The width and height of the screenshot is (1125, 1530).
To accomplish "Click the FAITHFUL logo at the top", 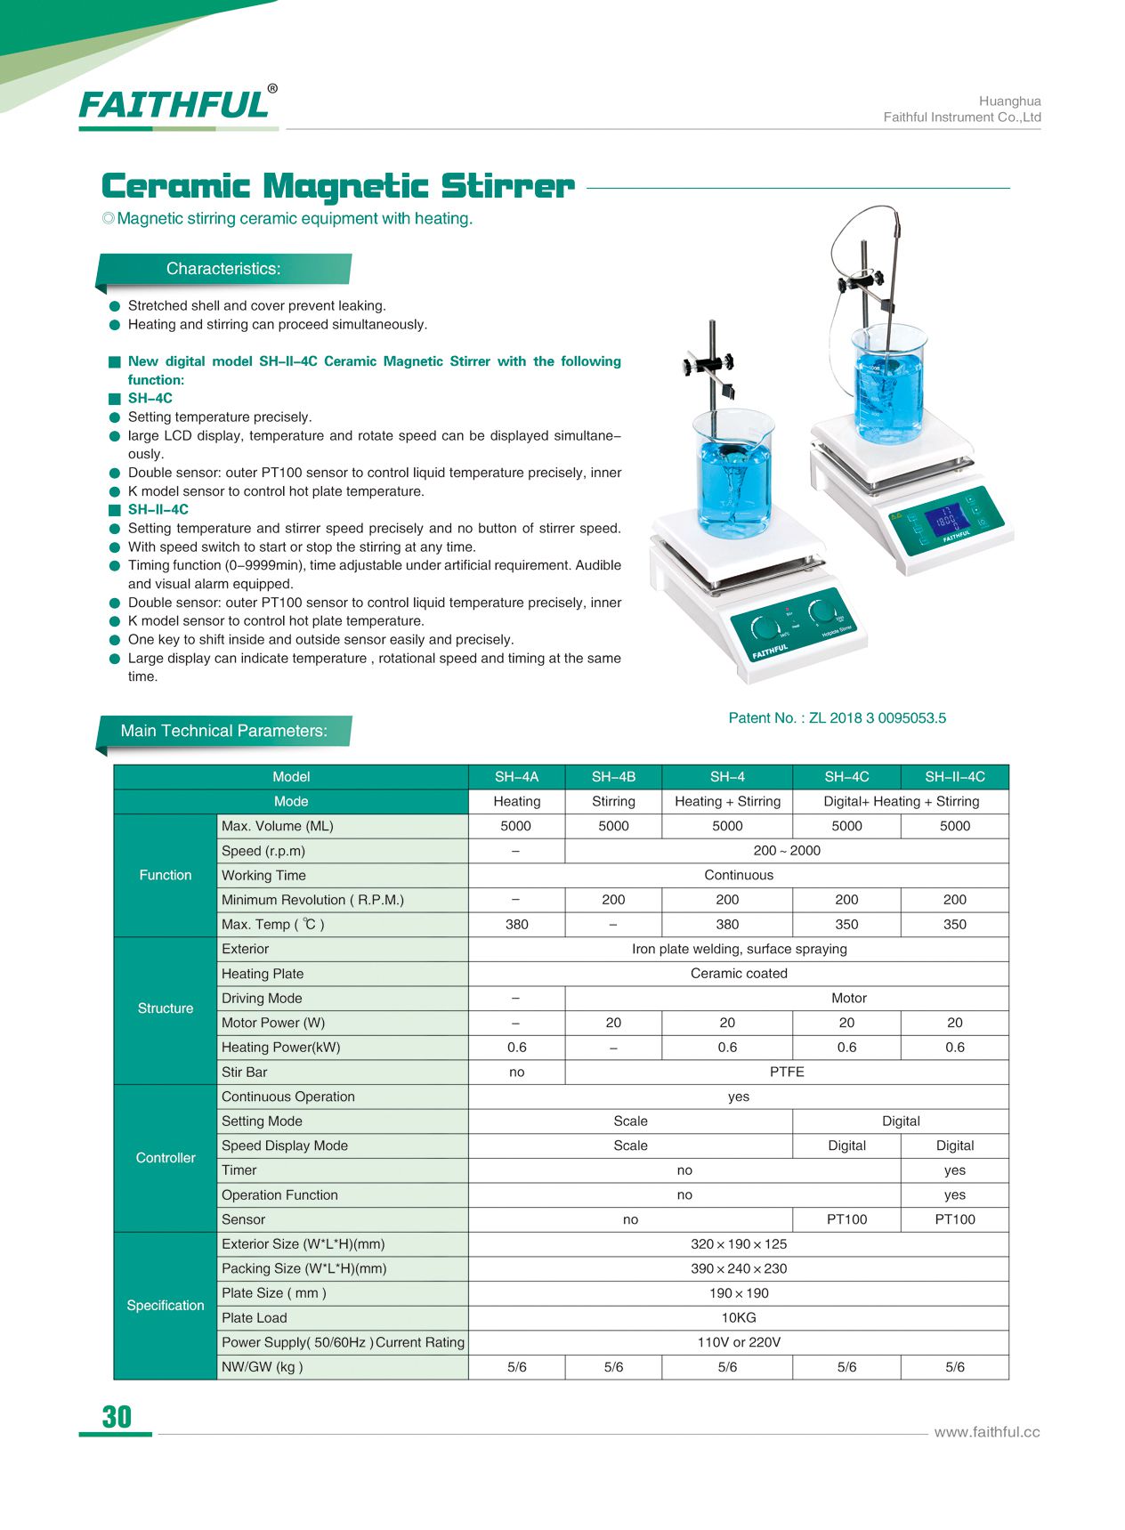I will (x=175, y=105).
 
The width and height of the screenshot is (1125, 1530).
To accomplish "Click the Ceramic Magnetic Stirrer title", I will (x=338, y=187).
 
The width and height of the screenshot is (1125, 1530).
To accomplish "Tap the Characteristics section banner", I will (x=223, y=269).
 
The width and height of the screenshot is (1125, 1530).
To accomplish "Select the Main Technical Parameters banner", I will (x=223, y=731).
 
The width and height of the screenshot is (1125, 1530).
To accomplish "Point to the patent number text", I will (x=837, y=718).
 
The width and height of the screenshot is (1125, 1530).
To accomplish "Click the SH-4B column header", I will (x=613, y=777).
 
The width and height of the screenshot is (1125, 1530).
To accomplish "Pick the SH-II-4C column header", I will (x=954, y=777).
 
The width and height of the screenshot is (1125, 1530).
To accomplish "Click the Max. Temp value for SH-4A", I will (x=516, y=925).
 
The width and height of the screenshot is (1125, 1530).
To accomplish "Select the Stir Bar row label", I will (x=245, y=1073).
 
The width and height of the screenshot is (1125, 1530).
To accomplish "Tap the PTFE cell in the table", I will (x=787, y=1073).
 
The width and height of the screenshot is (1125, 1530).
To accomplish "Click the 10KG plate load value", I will (x=739, y=1318).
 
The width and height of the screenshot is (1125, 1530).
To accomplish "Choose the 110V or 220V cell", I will (x=739, y=1342).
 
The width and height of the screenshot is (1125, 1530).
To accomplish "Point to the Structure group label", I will (x=166, y=1008).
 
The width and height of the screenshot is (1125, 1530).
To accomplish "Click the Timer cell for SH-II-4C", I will (x=954, y=1170).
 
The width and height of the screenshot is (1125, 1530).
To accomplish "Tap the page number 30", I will (x=117, y=1417).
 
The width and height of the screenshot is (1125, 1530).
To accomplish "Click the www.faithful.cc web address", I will (x=986, y=1432).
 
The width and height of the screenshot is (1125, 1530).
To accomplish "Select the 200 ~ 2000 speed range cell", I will (x=787, y=851).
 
